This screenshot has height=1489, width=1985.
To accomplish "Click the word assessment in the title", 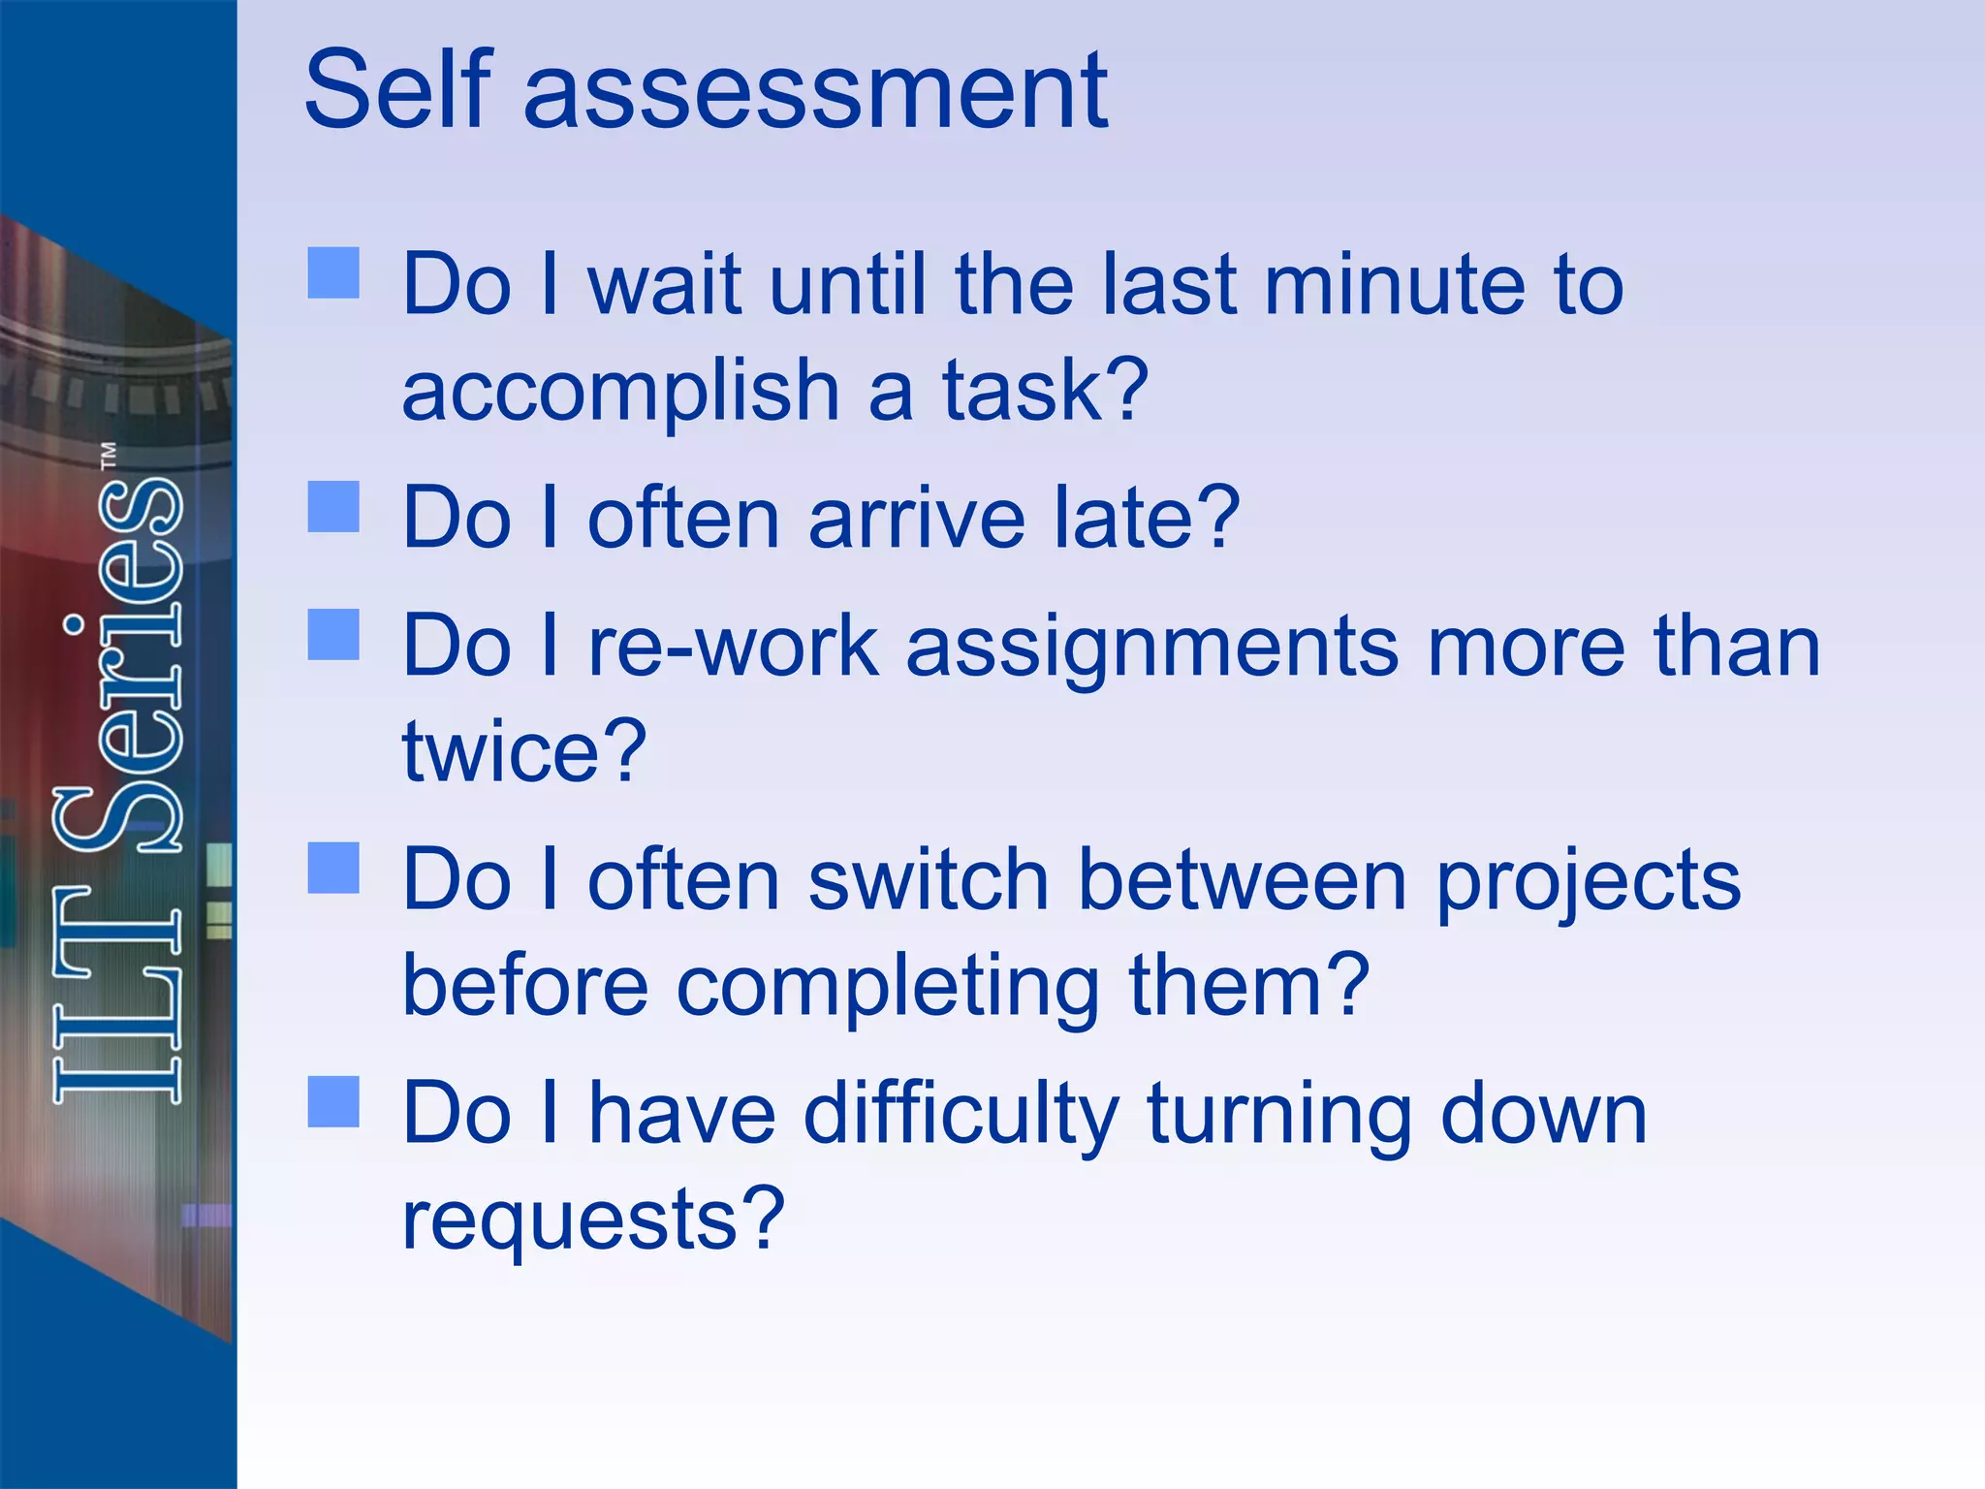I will pyautogui.click(x=815, y=93).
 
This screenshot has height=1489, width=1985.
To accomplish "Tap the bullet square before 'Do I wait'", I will pyautogui.click(x=333, y=272).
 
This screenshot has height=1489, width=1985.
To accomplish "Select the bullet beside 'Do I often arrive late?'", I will pyautogui.click(x=333, y=507).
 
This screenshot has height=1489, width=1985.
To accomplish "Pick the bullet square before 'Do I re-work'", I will pyautogui.click(x=333, y=635).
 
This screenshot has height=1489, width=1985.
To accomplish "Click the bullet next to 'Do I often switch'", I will pyautogui.click(x=333, y=868).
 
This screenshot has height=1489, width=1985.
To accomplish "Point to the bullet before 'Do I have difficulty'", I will pyautogui.click(x=333, y=1102).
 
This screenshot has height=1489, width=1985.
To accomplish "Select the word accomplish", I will pyautogui.click(x=620, y=392).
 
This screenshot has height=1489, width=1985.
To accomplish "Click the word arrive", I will pyautogui.click(x=916, y=518).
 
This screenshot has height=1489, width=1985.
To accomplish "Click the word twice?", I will pyautogui.click(x=524, y=750).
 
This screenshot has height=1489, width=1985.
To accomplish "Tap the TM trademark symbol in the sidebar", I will pyautogui.click(x=109, y=456).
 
